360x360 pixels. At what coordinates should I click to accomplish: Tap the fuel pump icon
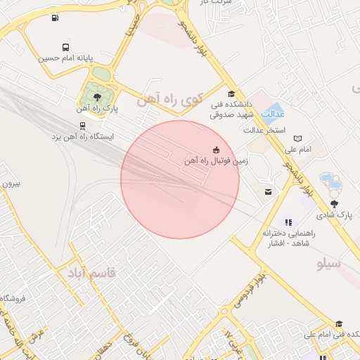[x=56, y=18]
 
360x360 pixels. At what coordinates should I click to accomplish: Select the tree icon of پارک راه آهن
[x=97, y=98]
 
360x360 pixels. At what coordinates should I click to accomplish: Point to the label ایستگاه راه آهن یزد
[x=83, y=136]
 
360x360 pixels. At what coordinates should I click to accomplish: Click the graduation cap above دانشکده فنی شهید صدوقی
[x=232, y=94]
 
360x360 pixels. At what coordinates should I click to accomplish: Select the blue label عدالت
[x=274, y=112]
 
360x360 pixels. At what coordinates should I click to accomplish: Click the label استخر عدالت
[x=264, y=131]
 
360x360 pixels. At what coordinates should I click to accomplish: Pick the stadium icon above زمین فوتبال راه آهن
[x=215, y=149]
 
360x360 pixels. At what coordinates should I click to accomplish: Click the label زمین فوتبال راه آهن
[x=215, y=161]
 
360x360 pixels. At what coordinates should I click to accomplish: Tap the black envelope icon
[x=268, y=191]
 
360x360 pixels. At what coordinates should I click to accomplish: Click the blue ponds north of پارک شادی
[x=329, y=181]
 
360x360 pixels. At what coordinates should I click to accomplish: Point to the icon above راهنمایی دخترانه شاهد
[x=288, y=221]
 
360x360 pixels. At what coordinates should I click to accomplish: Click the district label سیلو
[x=329, y=264]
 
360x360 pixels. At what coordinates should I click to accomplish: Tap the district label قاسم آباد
[x=92, y=271]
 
